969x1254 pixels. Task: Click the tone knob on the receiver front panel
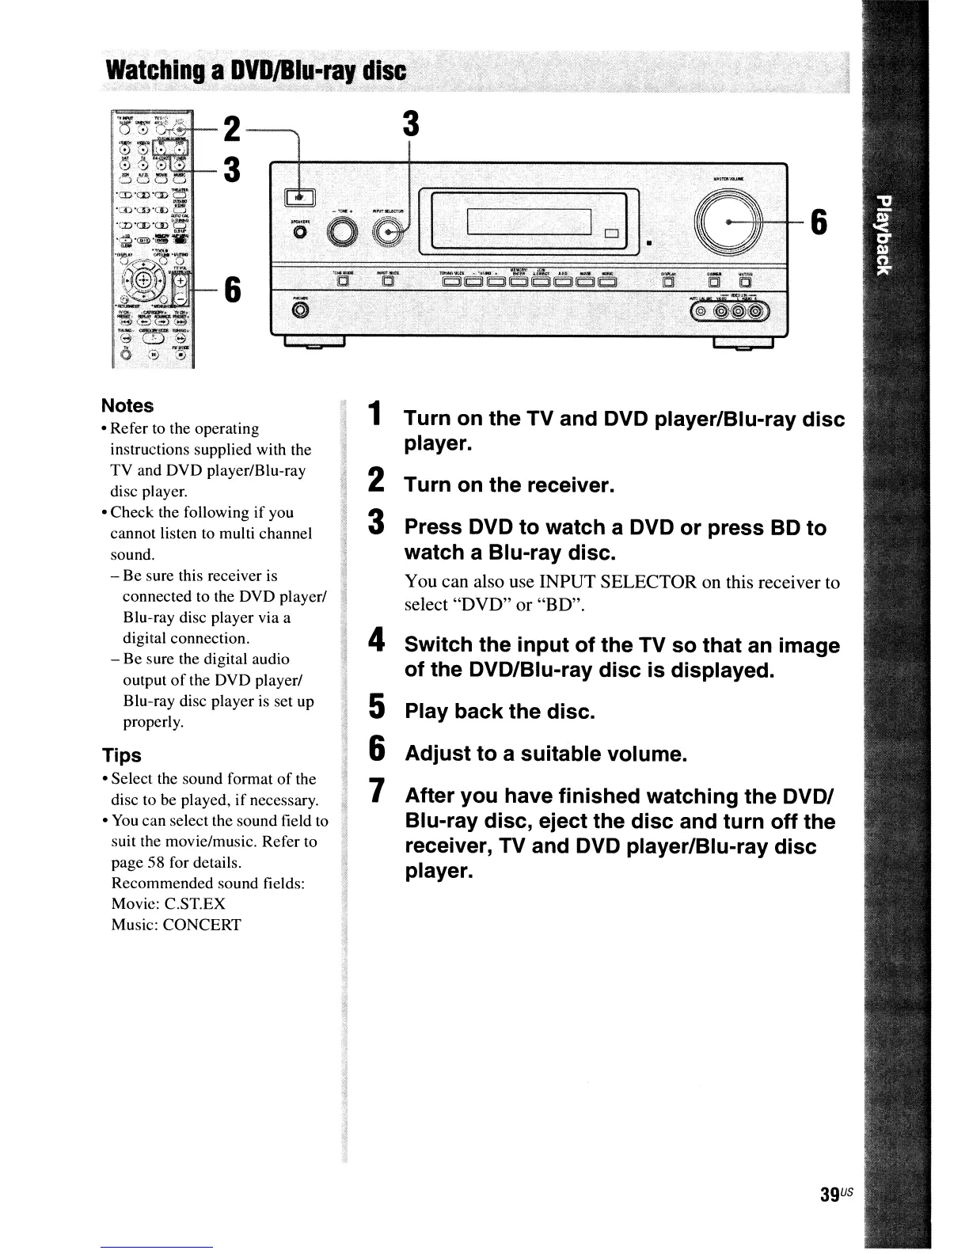tap(343, 232)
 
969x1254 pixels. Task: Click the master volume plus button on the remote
tap(180, 280)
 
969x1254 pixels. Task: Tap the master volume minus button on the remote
tap(180, 298)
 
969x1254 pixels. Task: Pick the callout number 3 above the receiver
tap(410, 124)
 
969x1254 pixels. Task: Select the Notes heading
tap(127, 405)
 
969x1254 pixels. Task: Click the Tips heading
tap(121, 754)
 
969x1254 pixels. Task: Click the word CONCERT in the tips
tap(201, 925)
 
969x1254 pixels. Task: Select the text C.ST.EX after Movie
tap(191, 904)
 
